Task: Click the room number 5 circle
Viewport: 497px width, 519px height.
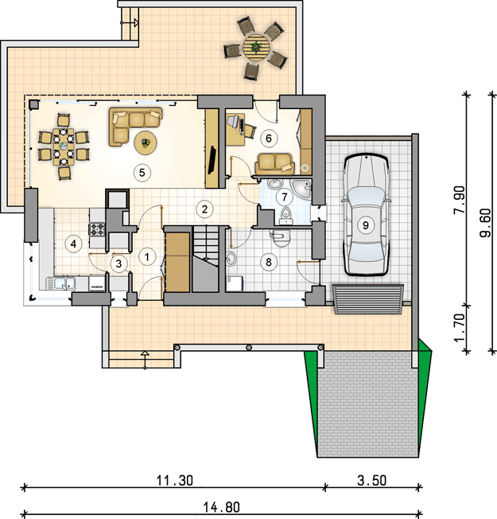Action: (142, 173)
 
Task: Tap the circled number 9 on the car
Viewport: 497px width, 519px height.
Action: (365, 225)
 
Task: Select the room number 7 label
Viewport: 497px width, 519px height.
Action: (285, 197)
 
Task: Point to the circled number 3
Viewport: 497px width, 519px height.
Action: (118, 263)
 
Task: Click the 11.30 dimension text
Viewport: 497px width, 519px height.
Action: (175, 480)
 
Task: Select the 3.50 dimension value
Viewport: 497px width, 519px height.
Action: (372, 480)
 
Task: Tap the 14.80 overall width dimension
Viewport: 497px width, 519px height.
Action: (221, 507)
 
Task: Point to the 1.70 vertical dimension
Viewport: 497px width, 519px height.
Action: (460, 328)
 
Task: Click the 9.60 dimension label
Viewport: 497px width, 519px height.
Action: (485, 223)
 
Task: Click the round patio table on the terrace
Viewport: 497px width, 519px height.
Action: (256, 47)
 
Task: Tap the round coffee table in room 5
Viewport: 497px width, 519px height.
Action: (146, 142)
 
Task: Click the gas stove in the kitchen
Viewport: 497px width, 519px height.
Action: (96, 228)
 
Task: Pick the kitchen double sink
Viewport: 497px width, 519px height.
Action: (65, 283)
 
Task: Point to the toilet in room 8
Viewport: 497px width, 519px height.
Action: (281, 239)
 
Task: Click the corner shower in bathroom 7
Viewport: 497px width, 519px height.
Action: (301, 189)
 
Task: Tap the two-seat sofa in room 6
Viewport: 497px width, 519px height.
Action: (274, 164)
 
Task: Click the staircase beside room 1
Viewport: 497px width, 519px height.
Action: (206, 259)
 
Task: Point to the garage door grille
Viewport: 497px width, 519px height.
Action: (368, 299)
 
